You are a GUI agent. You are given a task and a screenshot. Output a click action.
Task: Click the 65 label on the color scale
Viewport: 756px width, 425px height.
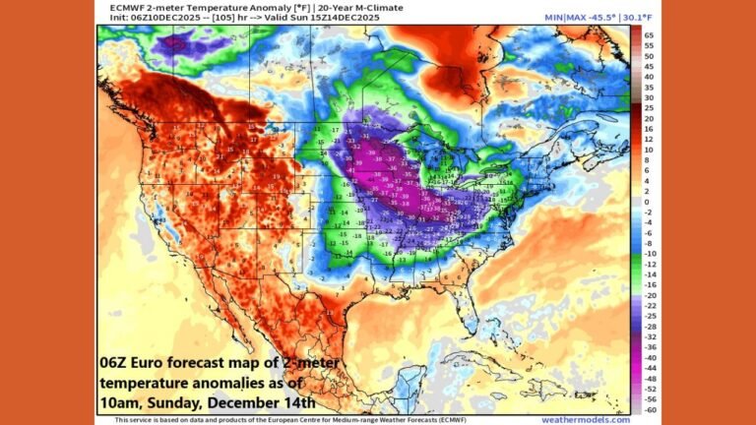click(x=649, y=34)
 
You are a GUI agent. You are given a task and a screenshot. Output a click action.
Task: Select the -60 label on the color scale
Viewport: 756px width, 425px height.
click(x=649, y=408)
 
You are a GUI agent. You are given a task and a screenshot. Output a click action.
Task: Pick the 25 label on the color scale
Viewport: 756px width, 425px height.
click(x=649, y=108)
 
